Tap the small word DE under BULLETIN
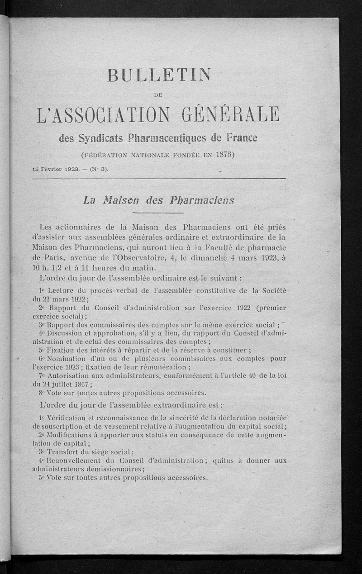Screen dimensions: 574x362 pos(158,94)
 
